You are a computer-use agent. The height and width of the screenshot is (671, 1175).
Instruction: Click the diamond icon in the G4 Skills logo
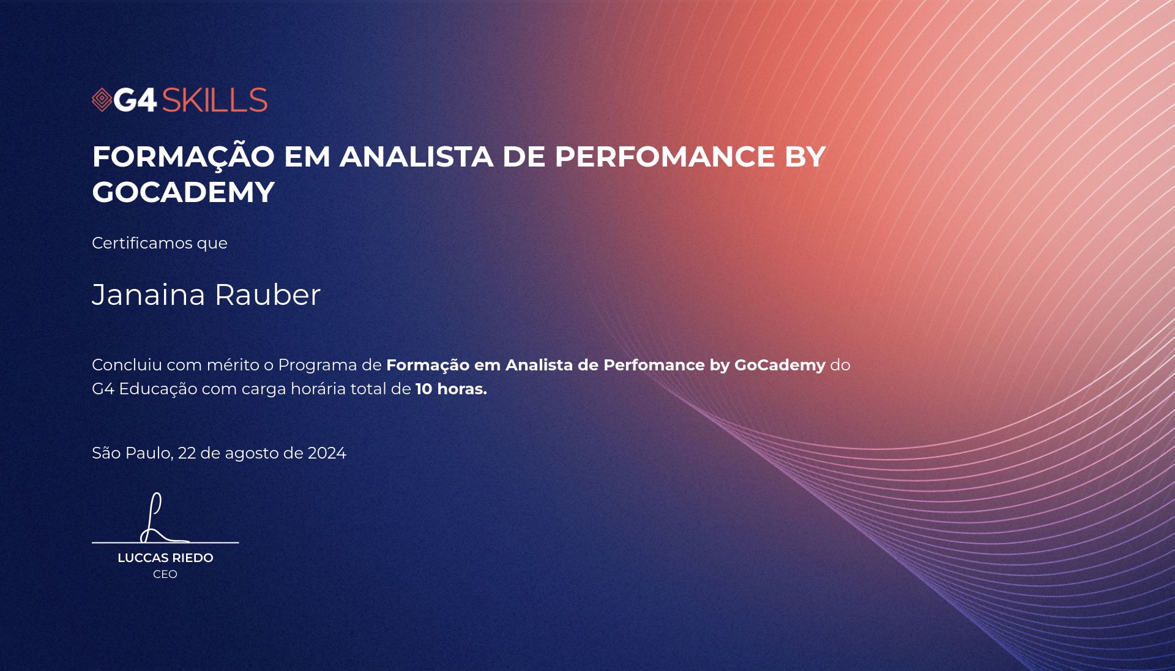(102, 100)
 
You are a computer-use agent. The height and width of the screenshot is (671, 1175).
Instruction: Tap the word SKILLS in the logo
(215, 100)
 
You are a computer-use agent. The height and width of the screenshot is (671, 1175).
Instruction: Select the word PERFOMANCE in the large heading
(665, 157)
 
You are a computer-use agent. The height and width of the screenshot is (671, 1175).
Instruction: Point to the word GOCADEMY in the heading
(184, 192)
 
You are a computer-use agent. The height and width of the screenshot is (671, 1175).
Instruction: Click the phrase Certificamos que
(160, 243)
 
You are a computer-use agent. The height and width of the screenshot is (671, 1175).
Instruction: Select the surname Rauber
(267, 294)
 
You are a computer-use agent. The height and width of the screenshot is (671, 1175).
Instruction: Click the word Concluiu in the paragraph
(127, 365)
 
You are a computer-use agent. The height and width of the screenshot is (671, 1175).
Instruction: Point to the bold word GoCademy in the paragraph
(780, 365)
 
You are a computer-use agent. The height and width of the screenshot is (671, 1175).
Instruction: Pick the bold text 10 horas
(451, 389)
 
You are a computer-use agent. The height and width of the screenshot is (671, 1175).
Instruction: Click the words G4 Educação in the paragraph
(144, 389)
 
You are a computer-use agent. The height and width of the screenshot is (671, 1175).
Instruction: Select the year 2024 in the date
(327, 453)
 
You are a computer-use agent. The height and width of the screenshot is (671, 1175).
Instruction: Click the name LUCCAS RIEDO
(165, 558)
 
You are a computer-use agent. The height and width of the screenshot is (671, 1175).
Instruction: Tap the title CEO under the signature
(165, 574)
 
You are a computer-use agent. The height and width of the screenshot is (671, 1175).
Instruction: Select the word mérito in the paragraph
(233, 365)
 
